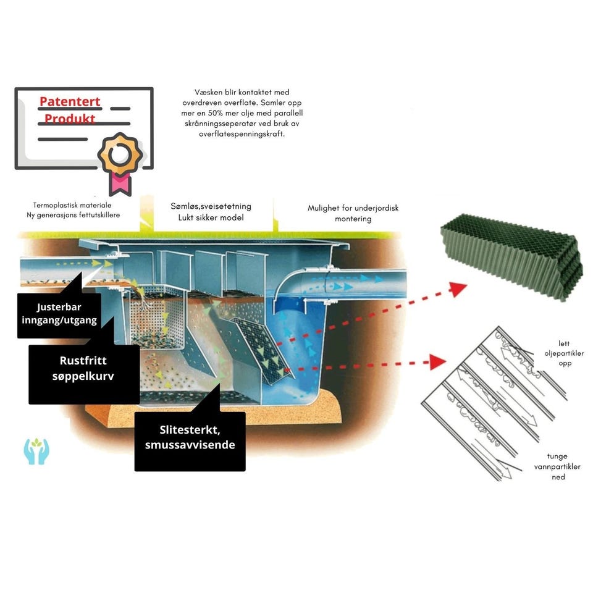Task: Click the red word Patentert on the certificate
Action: tap(69, 101)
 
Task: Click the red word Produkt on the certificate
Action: tap(69, 118)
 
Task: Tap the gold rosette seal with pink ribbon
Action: tap(120, 154)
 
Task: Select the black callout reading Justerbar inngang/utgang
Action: tap(59, 313)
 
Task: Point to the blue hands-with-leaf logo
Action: tap(36, 452)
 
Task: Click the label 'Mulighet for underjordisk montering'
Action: tap(353, 213)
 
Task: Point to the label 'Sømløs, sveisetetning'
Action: tap(211, 206)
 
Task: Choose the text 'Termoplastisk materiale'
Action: tap(77, 204)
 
